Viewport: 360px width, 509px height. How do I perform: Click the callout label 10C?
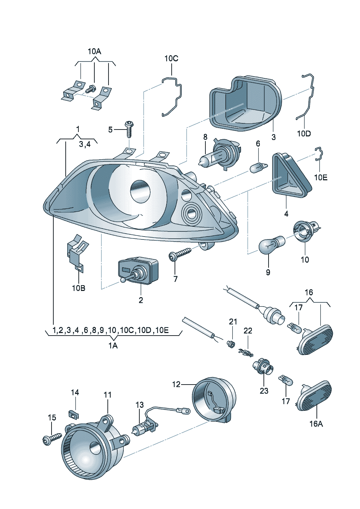[x=171, y=58]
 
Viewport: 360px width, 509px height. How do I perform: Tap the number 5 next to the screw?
[x=110, y=130]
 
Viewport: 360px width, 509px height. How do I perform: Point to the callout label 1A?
[x=113, y=346]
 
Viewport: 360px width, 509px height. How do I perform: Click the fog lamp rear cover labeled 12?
[x=213, y=399]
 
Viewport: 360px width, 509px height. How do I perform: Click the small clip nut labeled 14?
[x=74, y=414]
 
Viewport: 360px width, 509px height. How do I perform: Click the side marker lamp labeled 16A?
[x=314, y=397]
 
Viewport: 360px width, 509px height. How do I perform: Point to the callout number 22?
[x=248, y=331]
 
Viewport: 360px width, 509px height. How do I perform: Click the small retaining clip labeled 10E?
[x=319, y=154]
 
